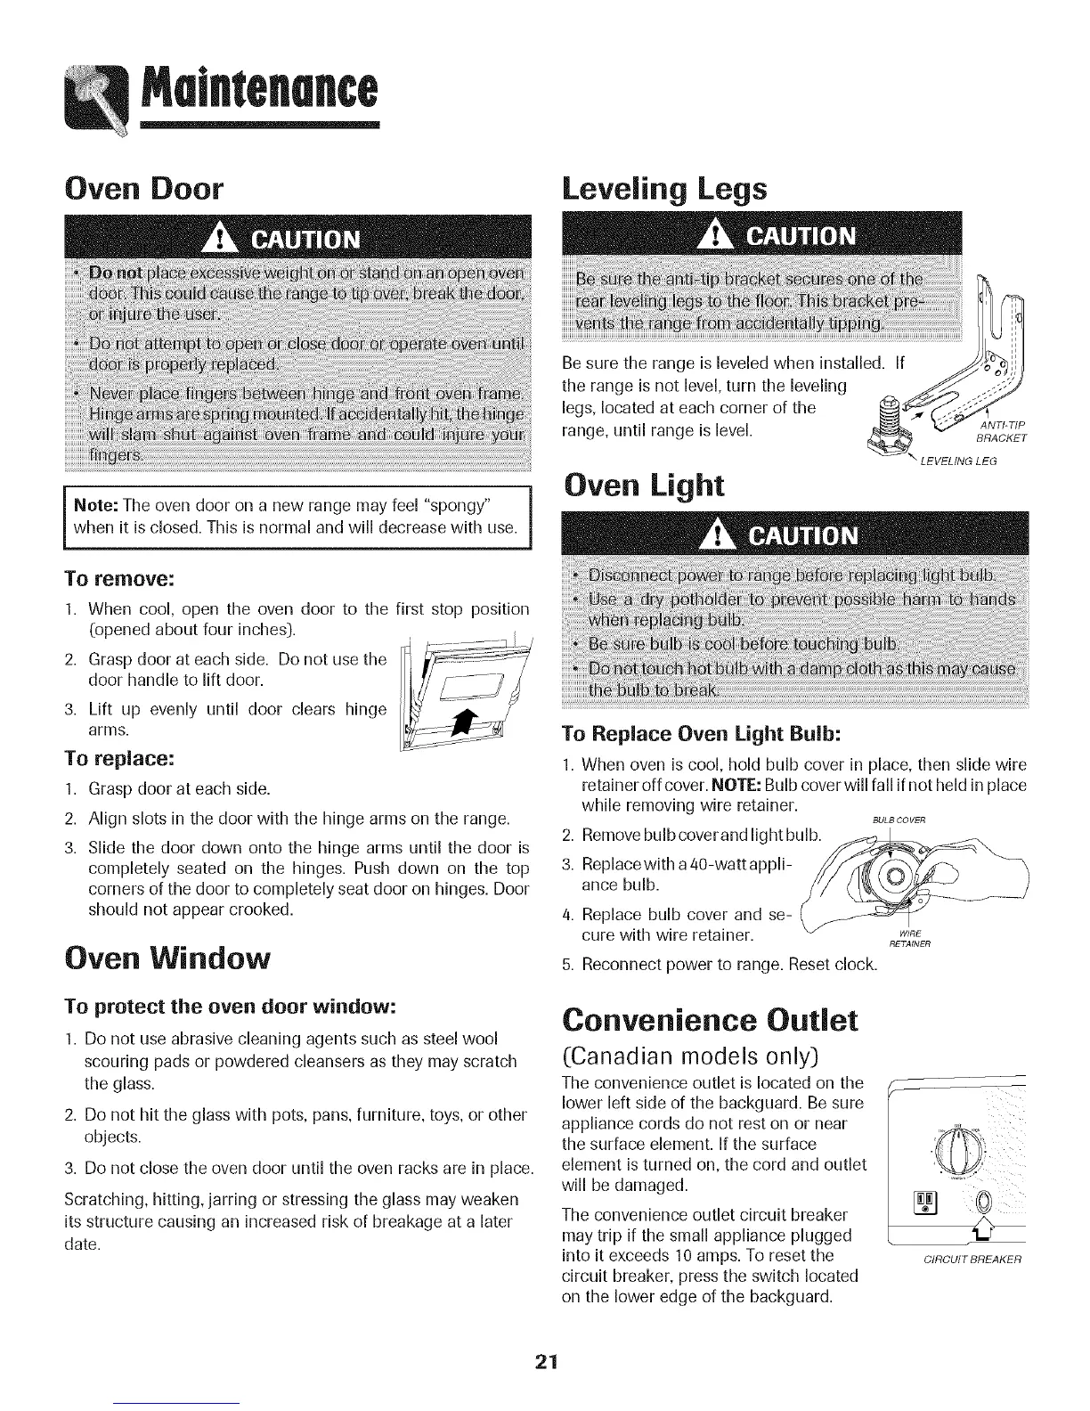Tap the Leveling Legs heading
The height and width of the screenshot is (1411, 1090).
(x=663, y=191)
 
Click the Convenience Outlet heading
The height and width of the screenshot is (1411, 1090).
(x=708, y=1019)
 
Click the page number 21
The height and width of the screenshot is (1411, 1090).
(x=545, y=1362)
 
